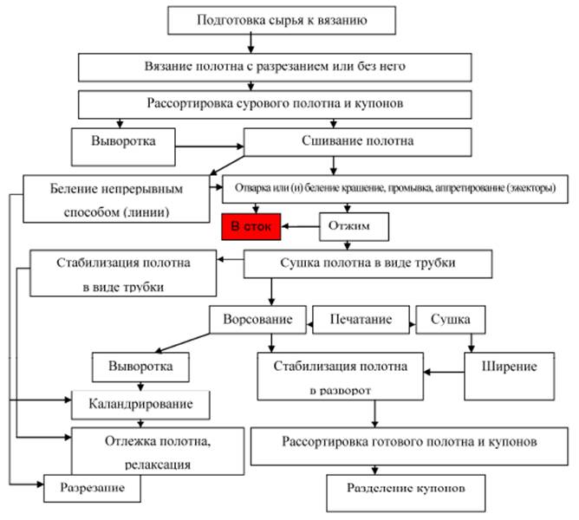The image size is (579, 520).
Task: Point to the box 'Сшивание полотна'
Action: coord(357,140)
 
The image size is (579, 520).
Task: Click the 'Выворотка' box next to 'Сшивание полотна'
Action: coord(127,140)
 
